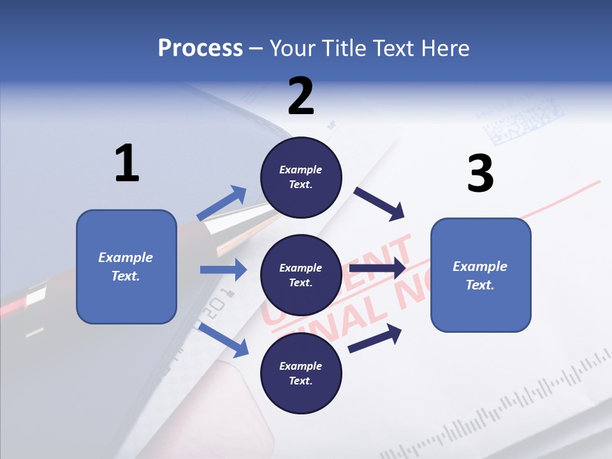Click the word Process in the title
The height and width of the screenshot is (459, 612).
[x=200, y=48]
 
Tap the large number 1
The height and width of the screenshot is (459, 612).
[x=127, y=163]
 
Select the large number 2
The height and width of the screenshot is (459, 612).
[x=301, y=96]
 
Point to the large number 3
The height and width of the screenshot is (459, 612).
[x=480, y=173]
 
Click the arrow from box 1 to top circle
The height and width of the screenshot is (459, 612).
[x=222, y=203]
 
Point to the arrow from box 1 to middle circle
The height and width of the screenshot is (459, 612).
[x=223, y=270]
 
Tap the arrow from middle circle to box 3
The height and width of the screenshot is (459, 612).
[x=377, y=268]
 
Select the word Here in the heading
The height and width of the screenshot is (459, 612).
[x=446, y=48]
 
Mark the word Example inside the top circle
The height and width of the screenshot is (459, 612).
[x=301, y=170]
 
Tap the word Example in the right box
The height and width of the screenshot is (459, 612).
[x=480, y=266]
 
